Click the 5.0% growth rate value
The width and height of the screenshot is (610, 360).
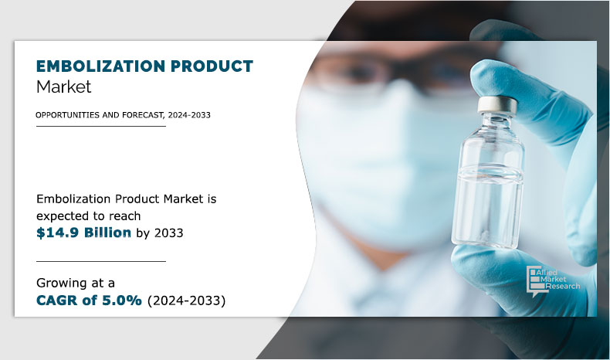120,301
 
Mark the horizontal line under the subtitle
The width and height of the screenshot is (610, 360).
100,126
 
